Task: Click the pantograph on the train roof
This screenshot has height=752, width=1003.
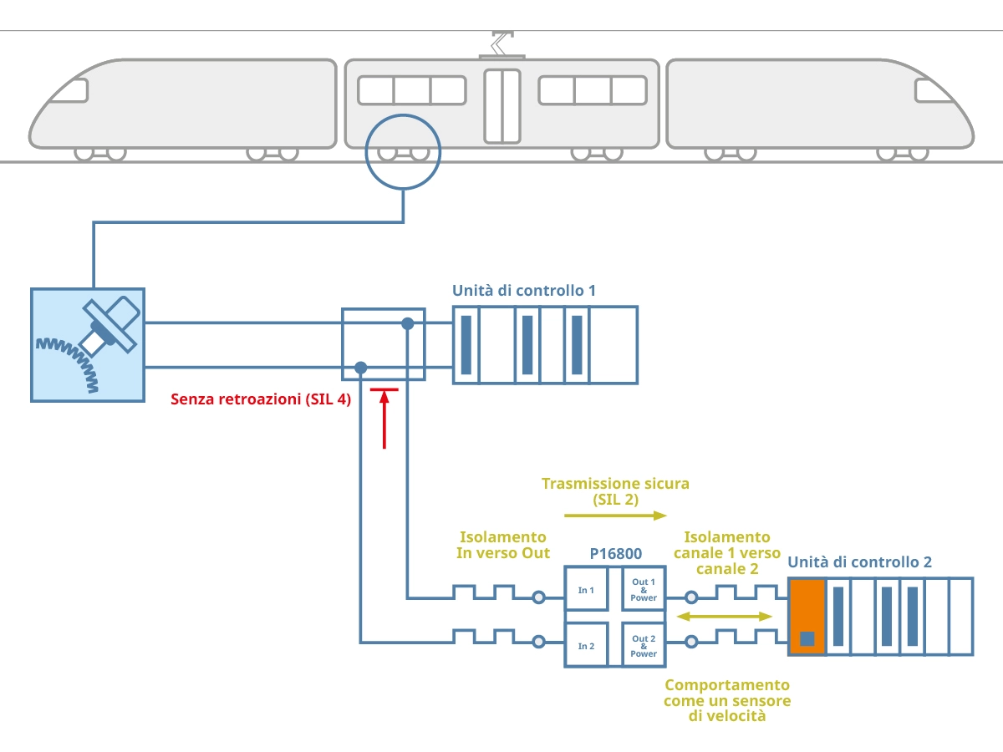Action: point(501,43)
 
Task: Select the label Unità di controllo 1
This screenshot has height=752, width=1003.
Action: point(524,291)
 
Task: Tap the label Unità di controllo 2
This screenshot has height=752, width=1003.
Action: point(859,562)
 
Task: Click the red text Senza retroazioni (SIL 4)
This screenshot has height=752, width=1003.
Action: point(261,399)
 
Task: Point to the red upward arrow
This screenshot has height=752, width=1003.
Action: point(384,418)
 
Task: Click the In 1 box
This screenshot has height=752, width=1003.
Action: point(587,591)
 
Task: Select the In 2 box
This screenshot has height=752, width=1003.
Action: point(587,645)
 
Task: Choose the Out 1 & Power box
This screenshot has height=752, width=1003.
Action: point(644,590)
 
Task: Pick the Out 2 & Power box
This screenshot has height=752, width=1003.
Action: point(644,646)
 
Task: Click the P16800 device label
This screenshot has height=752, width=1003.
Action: point(615,554)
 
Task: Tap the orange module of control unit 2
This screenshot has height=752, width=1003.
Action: point(807,617)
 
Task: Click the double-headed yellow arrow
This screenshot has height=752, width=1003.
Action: point(724,617)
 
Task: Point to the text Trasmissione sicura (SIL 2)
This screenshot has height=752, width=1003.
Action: point(615,491)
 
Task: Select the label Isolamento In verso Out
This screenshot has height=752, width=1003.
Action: point(502,545)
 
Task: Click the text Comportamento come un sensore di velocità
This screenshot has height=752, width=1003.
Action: point(727,700)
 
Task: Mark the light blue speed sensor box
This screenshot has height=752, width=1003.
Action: point(88,345)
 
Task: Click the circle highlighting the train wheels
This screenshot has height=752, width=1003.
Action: point(403,151)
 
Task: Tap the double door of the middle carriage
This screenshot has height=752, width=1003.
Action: point(501,105)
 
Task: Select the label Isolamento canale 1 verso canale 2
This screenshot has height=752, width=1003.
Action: point(727,552)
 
